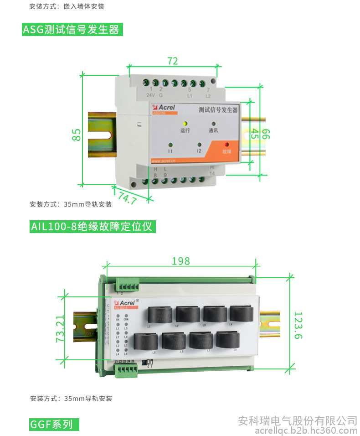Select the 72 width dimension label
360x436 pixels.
point(172,61)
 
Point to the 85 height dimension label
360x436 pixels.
point(77,135)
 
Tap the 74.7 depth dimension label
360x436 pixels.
point(127,198)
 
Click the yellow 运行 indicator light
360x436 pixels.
point(185,124)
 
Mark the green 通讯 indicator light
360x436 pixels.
point(213,124)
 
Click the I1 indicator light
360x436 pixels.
point(170,145)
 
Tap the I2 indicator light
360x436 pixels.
point(199,145)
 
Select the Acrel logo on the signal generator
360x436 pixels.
point(165,108)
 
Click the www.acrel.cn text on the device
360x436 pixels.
point(166,161)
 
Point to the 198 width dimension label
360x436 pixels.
point(181,261)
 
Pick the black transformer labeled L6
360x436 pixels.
point(174,341)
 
